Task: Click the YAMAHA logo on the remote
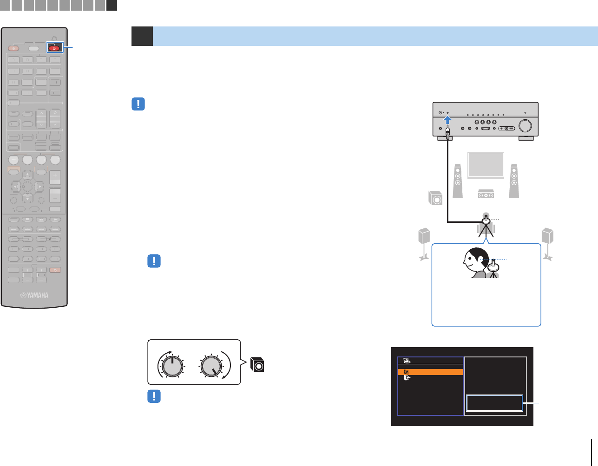click(34, 295)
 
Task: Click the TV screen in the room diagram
click(486, 165)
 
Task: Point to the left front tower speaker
click(458, 180)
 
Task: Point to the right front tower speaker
click(513, 180)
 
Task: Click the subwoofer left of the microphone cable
click(436, 198)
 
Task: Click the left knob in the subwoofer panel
click(172, 366)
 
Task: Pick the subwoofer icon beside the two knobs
click(257, 364)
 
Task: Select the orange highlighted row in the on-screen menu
click(430, 372)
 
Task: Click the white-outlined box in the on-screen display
click(494, 403)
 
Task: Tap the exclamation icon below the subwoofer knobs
click(154, 396)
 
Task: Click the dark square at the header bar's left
click(142, 36)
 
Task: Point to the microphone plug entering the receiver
click(447, 134)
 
